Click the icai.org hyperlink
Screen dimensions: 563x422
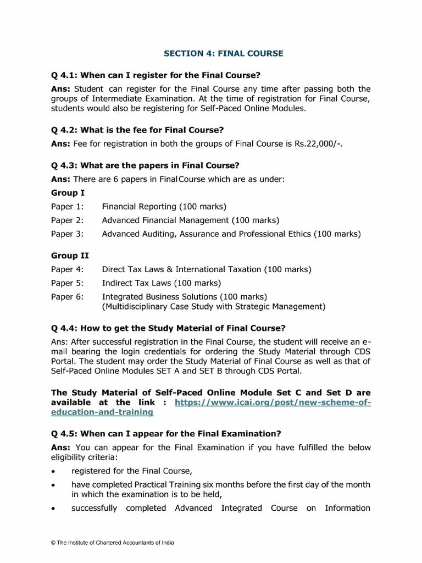click(x=273, y=402)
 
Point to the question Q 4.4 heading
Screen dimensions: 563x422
click(x=168, y=328)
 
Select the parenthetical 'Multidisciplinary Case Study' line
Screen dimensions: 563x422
click(x=214, y=306)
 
